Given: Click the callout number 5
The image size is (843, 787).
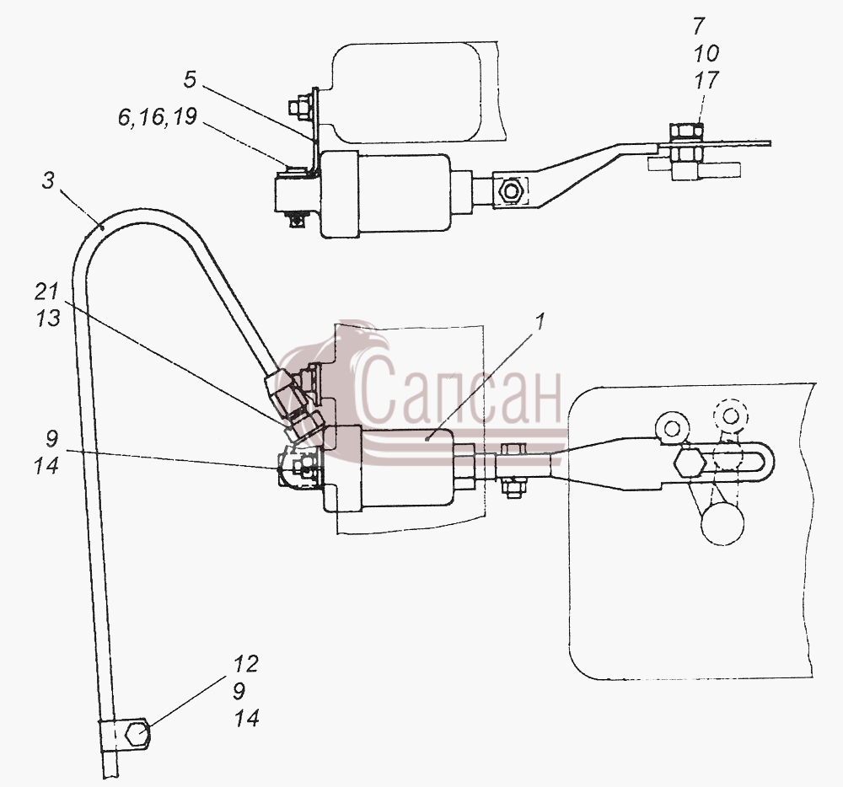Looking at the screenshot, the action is [191, 80].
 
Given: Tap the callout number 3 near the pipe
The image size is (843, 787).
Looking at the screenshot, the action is [48, 180].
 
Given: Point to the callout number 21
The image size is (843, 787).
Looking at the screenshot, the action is [46, 292].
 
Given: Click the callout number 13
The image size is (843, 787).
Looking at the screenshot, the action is [47, 318].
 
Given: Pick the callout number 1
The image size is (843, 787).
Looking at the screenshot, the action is [540, 322].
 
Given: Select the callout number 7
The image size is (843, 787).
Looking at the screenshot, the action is [699, 26].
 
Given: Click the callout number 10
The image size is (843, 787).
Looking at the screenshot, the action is [706, 53].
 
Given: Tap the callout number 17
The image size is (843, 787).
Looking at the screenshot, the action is [706, 80].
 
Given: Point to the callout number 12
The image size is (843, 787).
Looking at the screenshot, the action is [246, 664].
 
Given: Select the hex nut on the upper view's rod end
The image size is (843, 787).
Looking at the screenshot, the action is [508, 190].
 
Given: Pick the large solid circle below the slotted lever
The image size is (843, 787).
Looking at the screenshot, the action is [722, 522].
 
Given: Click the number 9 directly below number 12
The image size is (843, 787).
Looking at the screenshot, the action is [239, 691].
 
